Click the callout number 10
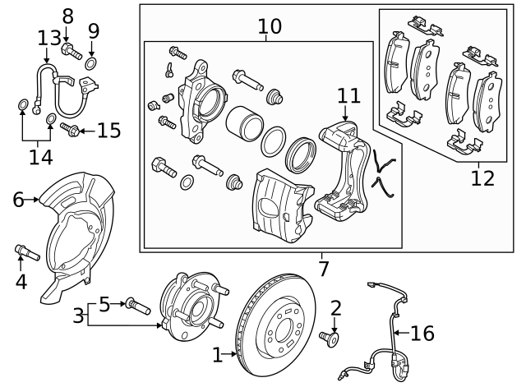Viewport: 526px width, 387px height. point(269,27)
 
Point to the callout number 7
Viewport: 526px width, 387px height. point(323,268)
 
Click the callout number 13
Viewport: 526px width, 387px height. point(48,37)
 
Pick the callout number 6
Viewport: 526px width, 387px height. point(18,199)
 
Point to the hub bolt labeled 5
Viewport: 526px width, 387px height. point(136,306)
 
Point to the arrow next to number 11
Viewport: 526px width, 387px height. point(346,114)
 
